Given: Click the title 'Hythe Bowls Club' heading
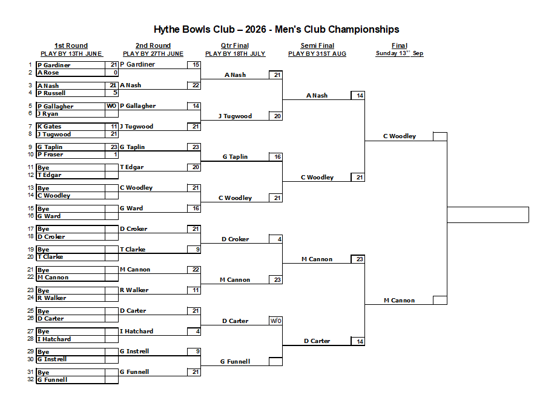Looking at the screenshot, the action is click(x=194, y=29).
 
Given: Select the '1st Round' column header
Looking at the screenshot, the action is click(x=71, y=45).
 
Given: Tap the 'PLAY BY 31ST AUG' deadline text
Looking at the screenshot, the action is click(x=317, y=53).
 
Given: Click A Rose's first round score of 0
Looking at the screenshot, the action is click(x=111, y=73).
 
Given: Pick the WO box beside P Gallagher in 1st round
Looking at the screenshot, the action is click(x=111, y=106).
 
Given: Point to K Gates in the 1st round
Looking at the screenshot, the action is click(x=49, y=127).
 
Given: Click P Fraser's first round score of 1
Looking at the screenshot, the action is click(x=111, y=155).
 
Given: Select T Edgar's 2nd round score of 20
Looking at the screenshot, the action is click(x=194, y=167).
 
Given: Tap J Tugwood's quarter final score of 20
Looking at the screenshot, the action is click(x=275, y=116).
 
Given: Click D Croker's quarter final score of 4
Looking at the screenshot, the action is click(x=275, y=239).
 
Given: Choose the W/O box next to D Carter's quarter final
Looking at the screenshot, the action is click(x=275, y=321).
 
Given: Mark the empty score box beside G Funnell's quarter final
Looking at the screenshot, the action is click(x=275, y=362).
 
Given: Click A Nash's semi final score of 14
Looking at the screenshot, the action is click(x=358, y=95).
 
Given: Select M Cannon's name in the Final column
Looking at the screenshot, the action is click(x=400, y=301).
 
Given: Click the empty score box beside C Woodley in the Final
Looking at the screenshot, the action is click(x=440, y=136).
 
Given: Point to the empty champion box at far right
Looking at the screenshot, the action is click(x=488, y=215).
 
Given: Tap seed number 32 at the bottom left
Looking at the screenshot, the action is click(x=30, y=379).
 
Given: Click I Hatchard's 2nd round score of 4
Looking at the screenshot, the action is click(x=194, y=332).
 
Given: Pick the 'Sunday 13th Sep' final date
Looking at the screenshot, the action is click(x=400, y=53).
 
